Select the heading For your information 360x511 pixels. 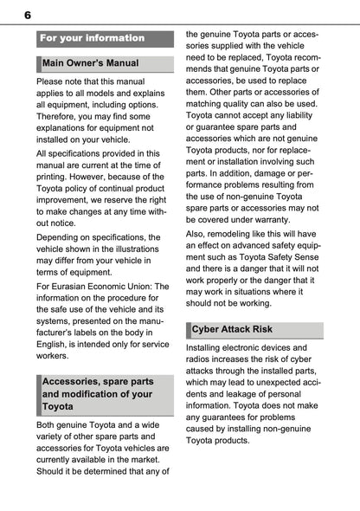[x=93, y=38]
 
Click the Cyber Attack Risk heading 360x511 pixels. [x=235, y=331]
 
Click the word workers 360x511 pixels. [x=55, y=355]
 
